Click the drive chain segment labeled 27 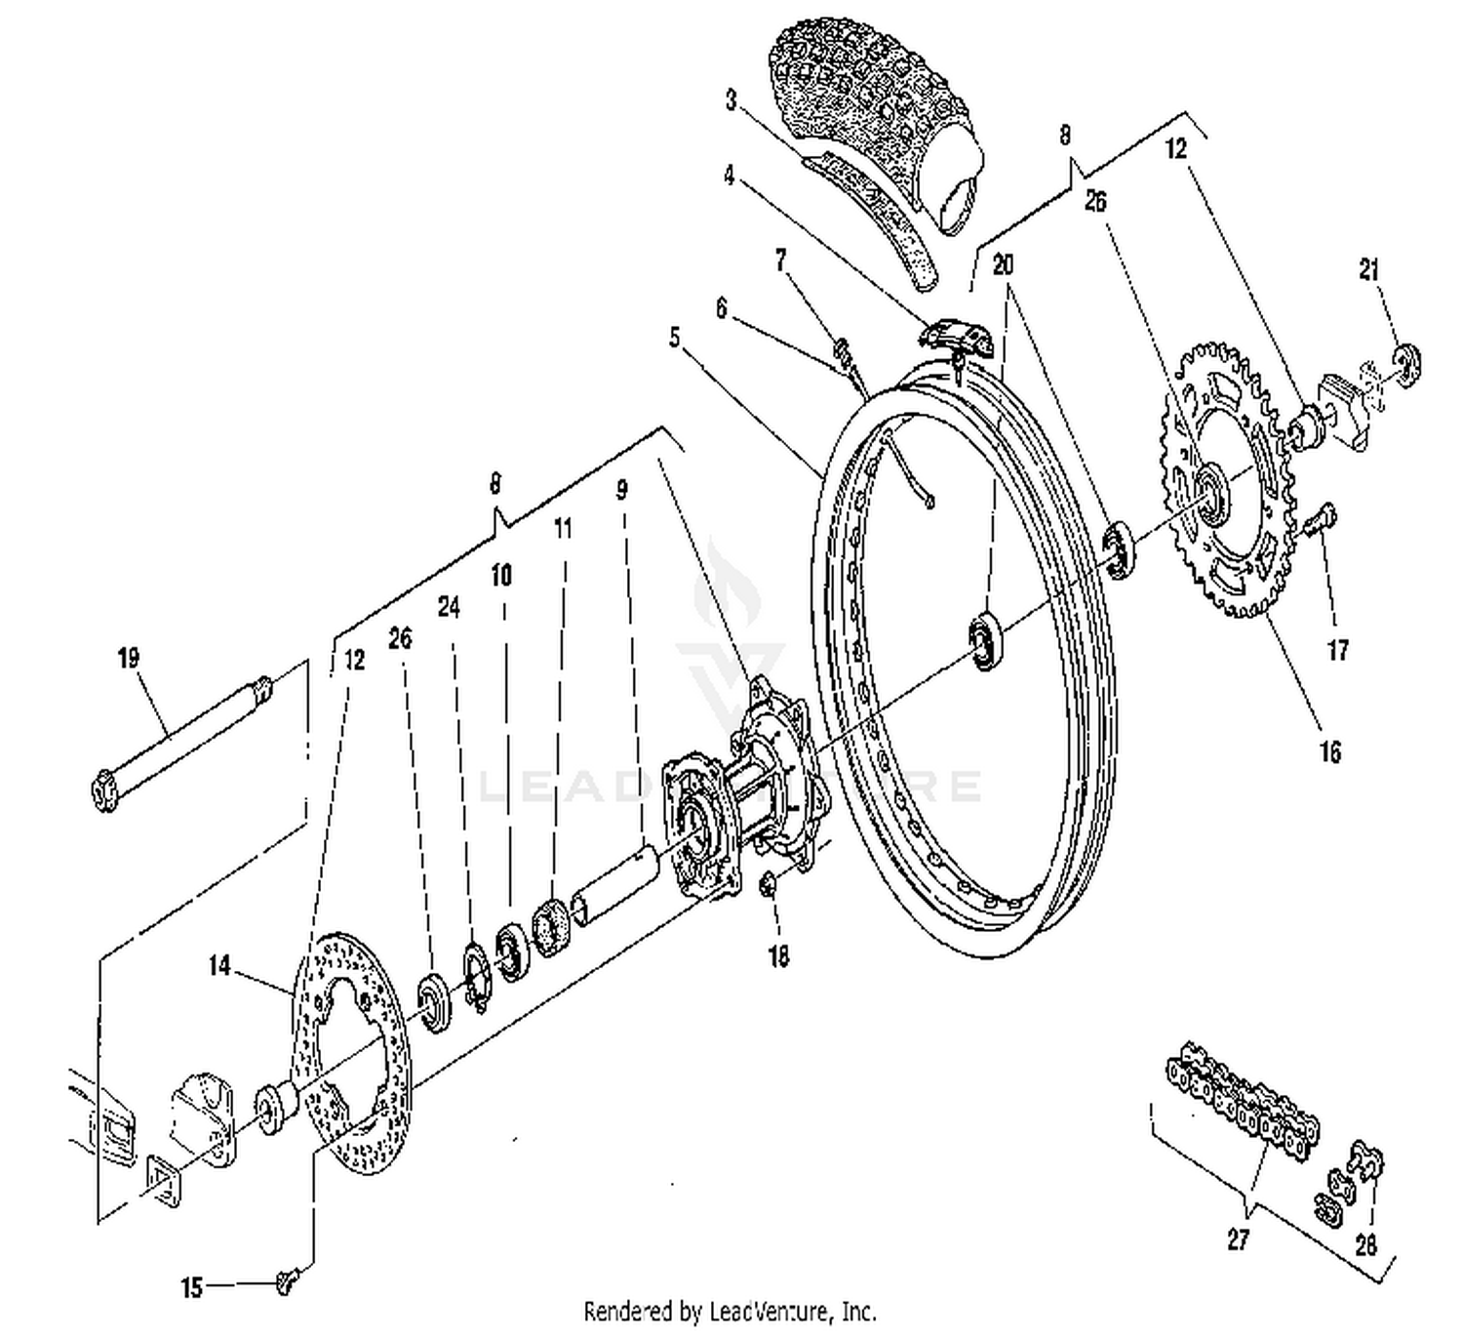tap(1244, 1098)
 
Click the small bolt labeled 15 tap(285, 1280)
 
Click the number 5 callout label tap(674, 338)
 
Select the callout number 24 tap(448, 607)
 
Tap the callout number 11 tap(563, 529)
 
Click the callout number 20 tap(1004, 264)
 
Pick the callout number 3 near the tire tap(731, 100)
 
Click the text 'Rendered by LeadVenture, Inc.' tap(730, 1310)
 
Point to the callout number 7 tap(780, 260)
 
